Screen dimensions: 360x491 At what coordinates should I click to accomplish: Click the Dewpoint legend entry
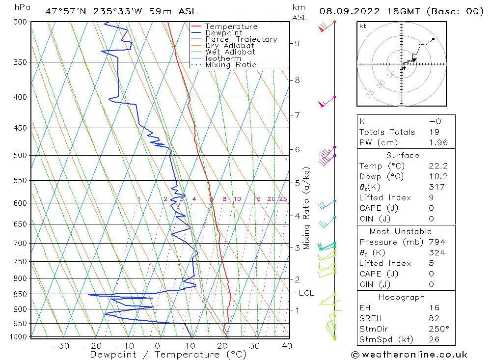[x=223, y=33]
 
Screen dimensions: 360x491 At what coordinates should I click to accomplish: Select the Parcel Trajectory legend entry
[x=241, y=39]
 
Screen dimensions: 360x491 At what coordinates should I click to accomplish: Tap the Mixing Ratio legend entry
[x=231, y=64]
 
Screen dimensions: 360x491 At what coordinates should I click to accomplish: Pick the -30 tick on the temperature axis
[x=60, y=346]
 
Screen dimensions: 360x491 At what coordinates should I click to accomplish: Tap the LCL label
[x=306, y=293]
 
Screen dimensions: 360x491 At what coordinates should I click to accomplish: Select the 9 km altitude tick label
[x=297, y=43]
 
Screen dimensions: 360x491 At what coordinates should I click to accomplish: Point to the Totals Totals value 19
[x=434, y=132]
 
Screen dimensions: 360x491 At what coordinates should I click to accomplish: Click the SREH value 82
[x=434, y=318]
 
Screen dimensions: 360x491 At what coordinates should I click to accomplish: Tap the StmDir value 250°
[x=436, y=329]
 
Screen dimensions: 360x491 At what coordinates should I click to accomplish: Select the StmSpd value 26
[x=434, y=339]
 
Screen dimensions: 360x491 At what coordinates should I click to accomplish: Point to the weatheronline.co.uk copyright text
[x=409, y=354]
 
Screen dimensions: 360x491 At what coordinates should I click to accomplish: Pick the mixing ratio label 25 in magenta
[x=283, y=199]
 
